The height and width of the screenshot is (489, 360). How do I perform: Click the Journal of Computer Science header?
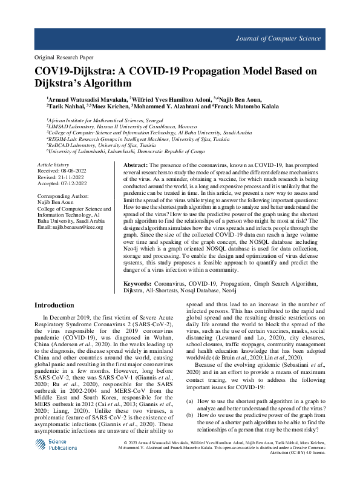pos(294,38)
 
